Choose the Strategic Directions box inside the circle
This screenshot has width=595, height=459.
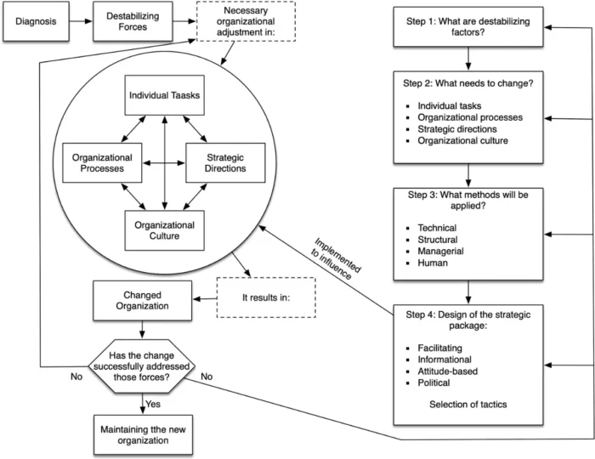[226, 161]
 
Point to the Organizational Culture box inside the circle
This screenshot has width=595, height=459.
[164, 231]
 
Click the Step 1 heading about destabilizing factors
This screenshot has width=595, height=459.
[467, 28]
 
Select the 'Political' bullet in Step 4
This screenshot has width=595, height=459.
[435, 383]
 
